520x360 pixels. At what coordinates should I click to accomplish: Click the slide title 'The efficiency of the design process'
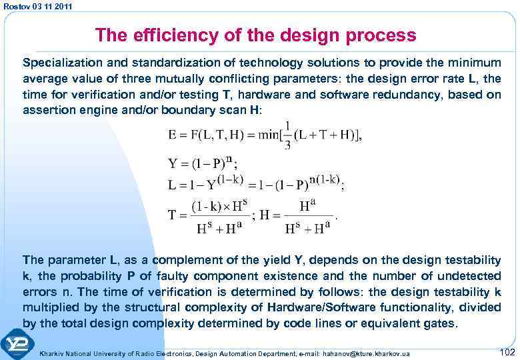pyautogui.click(x=255, y=35)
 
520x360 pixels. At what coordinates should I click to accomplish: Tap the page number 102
pyautogui.click(x=507, y=351)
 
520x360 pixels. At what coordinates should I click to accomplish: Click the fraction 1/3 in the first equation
pyautogui.click(x=287, y=136)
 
